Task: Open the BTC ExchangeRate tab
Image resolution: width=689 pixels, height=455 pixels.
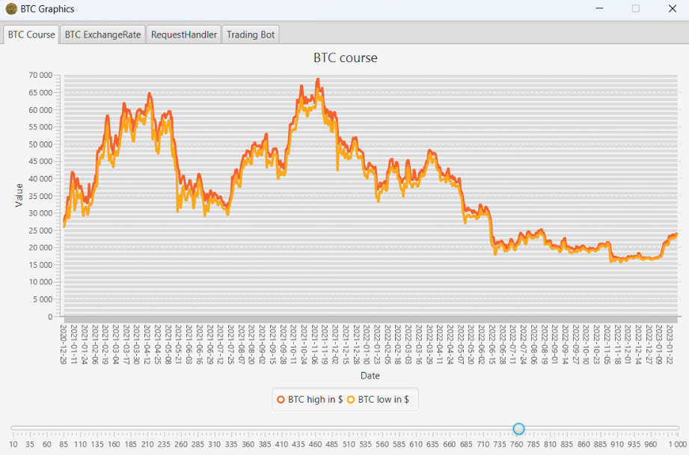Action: click(x=102, y=34)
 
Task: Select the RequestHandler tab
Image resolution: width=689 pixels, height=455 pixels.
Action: click(x=184, y=34)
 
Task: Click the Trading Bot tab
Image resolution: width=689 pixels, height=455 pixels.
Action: click(x=251, y=34)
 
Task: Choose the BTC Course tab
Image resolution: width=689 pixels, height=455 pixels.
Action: click(x=31, y=34)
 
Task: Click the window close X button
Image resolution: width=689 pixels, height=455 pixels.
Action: click(x=672, y=9)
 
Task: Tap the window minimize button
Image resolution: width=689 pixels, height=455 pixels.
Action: click(x=600, y=9)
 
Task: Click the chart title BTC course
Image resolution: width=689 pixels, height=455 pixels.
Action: click(x=345, y=58)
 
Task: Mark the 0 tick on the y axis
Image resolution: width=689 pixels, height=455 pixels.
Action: click(x=50, y=317)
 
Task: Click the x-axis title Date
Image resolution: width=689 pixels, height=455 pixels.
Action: click(x=370, y=375)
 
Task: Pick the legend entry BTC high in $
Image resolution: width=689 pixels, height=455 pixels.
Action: click(x=310, y=400)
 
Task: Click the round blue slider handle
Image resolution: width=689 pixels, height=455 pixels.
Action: click(x=518, y=429)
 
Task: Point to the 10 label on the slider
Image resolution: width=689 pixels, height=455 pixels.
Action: click(x=13, y=445)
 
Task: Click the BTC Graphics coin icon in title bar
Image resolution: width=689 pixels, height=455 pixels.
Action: click(x=10, y=9)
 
